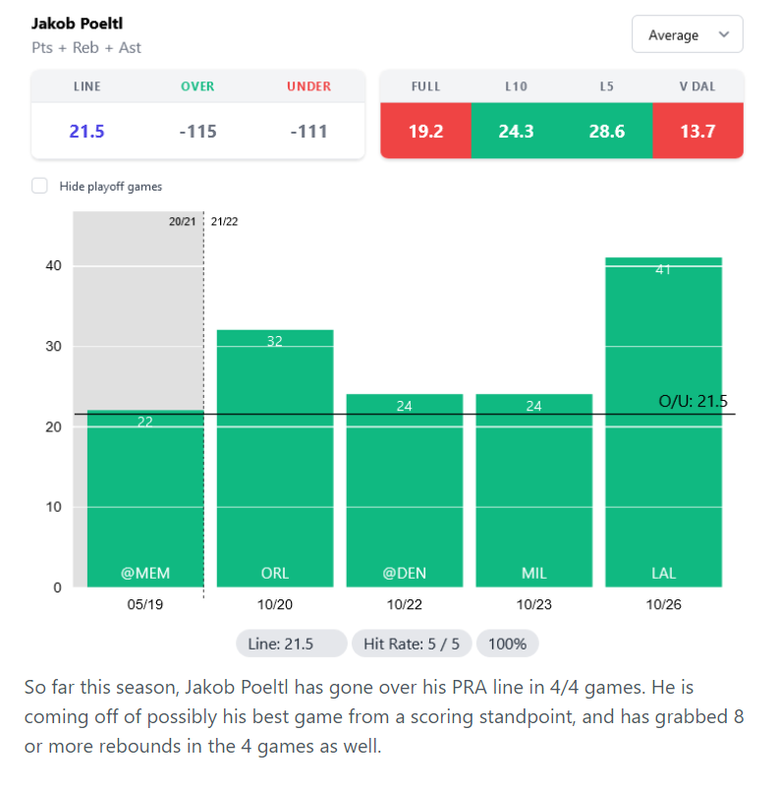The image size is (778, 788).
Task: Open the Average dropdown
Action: coord(687,35)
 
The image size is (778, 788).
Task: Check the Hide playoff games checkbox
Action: coord(39,186)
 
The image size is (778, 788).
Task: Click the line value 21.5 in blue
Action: coord(86,132)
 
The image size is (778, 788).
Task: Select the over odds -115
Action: coord(197,132)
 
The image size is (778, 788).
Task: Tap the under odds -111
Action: coord(308,132)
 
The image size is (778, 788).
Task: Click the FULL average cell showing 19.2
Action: coord(425,132)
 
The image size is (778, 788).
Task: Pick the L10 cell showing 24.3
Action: coord(516,132)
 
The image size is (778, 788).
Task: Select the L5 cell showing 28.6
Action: coord(606,132)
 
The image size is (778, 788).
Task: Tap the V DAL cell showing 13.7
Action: coord(697,132)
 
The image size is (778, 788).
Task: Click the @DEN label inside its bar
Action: coord(405,573)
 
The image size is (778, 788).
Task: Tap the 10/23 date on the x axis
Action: coord(533,604)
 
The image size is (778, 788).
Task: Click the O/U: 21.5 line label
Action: coord(693,401)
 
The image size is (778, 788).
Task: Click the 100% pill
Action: coord(507,644)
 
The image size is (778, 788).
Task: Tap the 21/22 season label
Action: coord(224,222)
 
